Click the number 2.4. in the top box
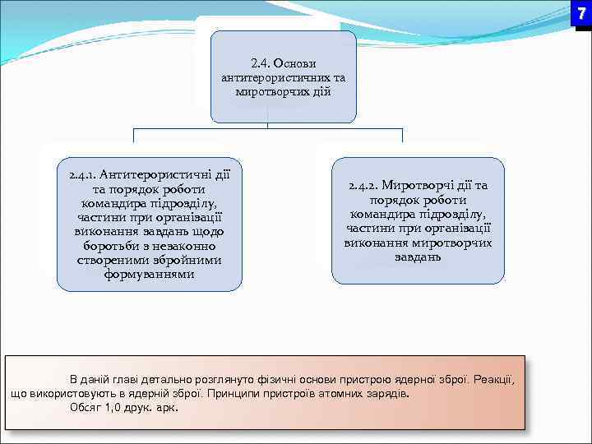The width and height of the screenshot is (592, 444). [261, 63]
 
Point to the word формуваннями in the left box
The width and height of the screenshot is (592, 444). [149, 274]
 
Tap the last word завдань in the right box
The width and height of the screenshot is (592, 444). [418, 257]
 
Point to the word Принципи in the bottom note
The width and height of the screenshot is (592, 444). [234, 393]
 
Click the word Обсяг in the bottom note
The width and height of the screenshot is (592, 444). [87, 407]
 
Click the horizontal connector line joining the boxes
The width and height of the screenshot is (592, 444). [268, 128]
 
